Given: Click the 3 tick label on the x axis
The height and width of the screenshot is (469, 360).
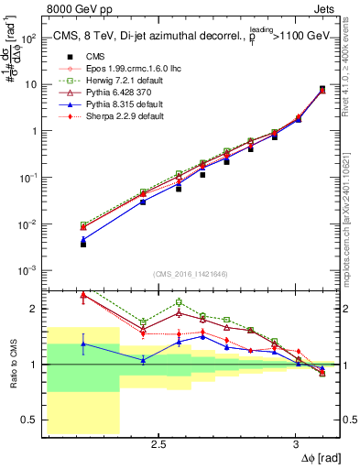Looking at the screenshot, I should click(295, 443).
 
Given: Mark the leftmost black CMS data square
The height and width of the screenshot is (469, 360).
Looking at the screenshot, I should click(83, 245).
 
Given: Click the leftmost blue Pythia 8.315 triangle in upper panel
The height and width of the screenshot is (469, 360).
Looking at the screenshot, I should click(83, 240).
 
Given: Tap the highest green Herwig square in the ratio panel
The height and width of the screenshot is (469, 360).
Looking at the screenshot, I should click(179, 302).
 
